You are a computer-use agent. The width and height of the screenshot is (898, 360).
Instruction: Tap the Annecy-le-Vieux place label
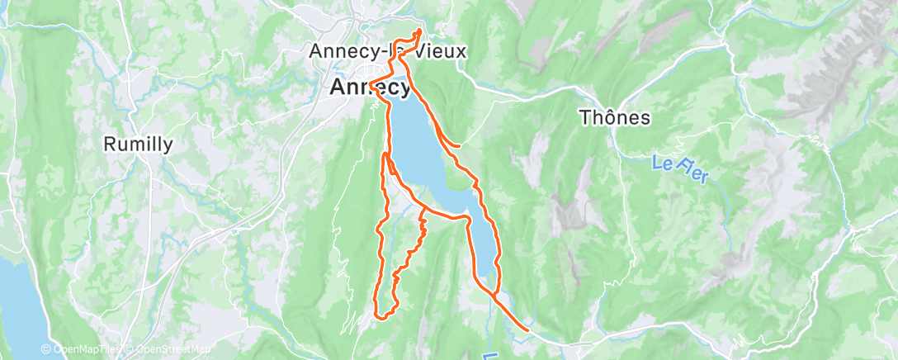387,51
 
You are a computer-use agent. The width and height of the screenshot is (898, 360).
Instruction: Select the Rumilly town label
138,144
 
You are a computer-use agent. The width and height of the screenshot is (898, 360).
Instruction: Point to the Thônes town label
615,117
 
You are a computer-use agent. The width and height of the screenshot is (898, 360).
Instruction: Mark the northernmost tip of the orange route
418,31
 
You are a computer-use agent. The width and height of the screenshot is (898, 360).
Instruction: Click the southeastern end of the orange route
527,331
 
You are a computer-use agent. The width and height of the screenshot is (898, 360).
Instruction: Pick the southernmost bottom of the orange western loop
382,315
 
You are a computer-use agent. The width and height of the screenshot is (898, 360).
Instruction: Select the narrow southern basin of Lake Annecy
482,248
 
